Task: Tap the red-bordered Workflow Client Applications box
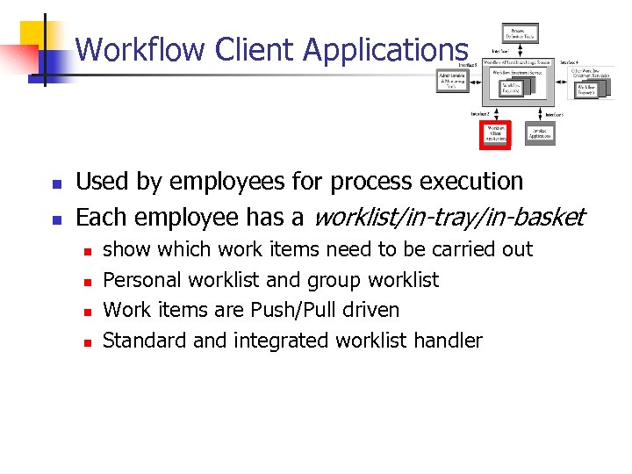click(496, 133)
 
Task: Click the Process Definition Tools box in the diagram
click(520, 33)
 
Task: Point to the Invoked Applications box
click(540, 133)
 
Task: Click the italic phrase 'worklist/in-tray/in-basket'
click(448, 216)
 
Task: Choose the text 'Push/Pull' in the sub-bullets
click(289, 311)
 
